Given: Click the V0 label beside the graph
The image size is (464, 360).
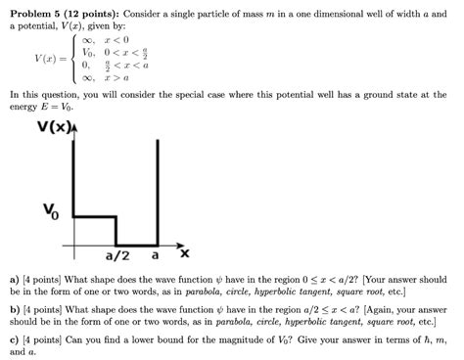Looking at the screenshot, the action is [50, 210].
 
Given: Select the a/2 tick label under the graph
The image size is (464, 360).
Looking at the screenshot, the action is [117, 256].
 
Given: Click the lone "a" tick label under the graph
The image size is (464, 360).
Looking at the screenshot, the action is [155, 256].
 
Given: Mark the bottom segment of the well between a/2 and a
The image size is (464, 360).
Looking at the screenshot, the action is [137, 244].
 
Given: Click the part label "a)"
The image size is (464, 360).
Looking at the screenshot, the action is [14, 279].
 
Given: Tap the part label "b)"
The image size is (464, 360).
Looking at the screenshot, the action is [14, 308].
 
